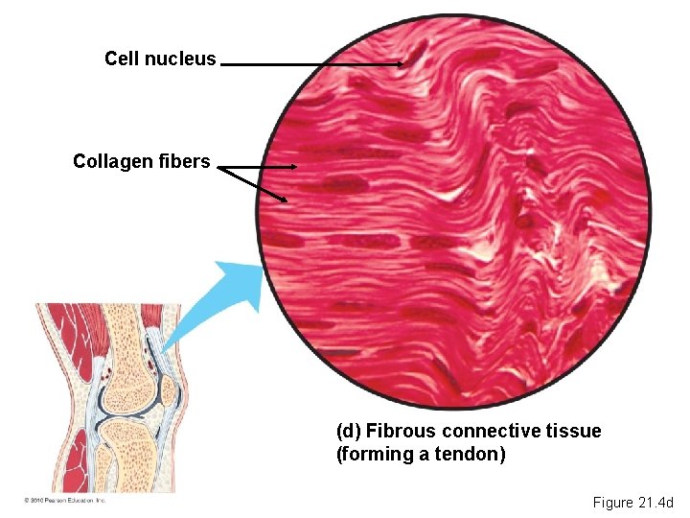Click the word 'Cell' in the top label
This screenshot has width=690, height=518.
point(122,59)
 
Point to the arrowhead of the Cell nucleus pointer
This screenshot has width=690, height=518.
point(401,64)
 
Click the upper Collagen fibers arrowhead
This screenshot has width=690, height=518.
point(296,167)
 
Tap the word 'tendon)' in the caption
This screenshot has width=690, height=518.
point(474,454)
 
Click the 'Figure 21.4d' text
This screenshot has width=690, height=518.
point(633,503)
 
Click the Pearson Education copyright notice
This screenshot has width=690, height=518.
point(64,501)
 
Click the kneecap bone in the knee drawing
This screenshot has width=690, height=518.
point(169,389)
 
